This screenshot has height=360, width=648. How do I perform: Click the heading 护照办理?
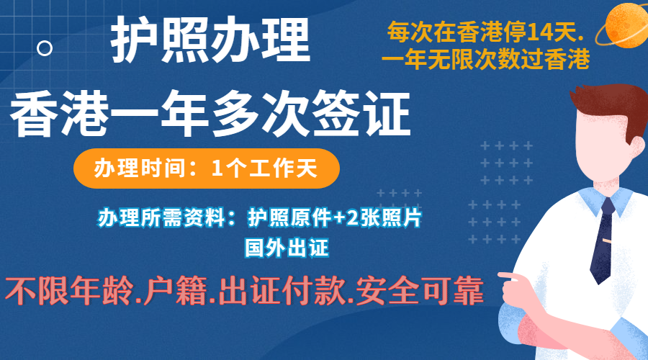[x=210, y=40]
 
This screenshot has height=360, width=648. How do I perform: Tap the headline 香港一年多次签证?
[x=210, y=114]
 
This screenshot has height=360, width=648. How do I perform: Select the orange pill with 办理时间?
[x=206, y=168]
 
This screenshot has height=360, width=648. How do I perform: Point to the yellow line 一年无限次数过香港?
[x=485, y=60]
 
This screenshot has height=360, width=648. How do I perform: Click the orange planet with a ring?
[x=624, y=24]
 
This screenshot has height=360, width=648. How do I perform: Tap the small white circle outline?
[x=45, y=48]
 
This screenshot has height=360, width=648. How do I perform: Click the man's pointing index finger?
[x=509, y=276]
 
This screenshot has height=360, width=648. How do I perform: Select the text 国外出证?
[x=287, y=248]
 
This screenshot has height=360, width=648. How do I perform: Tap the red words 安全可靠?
[x=420, y=291]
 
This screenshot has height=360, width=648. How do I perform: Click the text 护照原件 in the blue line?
[x=289, y=218]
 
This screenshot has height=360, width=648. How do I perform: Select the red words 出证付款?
[x=281, y=291]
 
